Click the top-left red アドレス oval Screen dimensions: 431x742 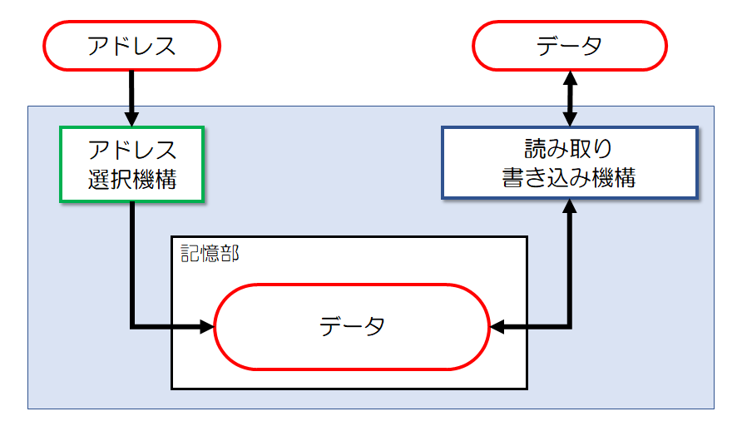click(131, 47)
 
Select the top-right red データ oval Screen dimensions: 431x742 click(570, 47)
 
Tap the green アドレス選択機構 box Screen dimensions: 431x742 click(131, 164)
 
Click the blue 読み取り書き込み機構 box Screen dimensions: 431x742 click(569, 162)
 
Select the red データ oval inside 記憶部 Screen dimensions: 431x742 click(352, 326)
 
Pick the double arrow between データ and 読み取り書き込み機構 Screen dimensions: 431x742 click(570, 98)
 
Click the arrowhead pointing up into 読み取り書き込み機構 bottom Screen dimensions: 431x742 click(570, 208)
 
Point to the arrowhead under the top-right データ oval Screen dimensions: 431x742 click(570, 78)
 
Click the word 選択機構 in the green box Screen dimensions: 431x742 click(131, 179)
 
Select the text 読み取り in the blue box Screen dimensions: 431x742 click(569, 149)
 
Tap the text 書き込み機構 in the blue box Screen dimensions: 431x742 click(569, 177)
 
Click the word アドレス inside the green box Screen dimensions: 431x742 click(131, 151)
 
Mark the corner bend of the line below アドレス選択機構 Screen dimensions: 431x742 click(132, 326)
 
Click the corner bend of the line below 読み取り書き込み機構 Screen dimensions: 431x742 click(570, 326)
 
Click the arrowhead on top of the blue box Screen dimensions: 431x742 click(570, 118)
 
